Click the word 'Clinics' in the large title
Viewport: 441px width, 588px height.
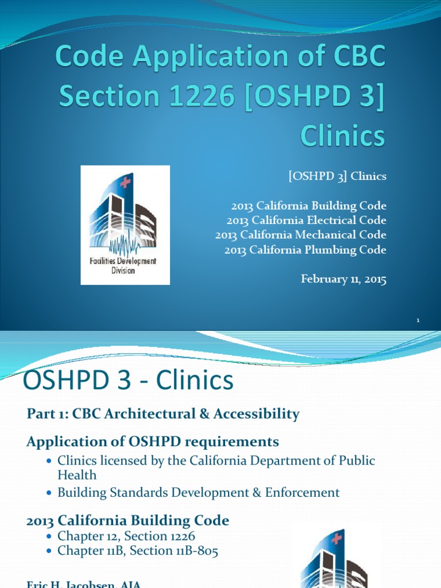coord(342,137)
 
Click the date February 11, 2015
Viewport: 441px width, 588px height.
coord(343,280)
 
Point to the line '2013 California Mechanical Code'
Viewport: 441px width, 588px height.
coord(301,235)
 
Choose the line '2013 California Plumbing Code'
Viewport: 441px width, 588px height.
coord(305,250)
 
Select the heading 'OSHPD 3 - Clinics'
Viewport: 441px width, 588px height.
coord(127,381)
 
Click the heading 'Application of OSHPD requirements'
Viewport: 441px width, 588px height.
coord(153,442)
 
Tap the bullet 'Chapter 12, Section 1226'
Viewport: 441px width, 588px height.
coord(126,536)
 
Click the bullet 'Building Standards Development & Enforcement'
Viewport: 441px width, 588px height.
coord(198,493)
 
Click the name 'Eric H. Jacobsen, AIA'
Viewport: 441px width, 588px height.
coord(84,584)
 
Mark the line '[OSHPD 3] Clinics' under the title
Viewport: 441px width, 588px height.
coord(337,177)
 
